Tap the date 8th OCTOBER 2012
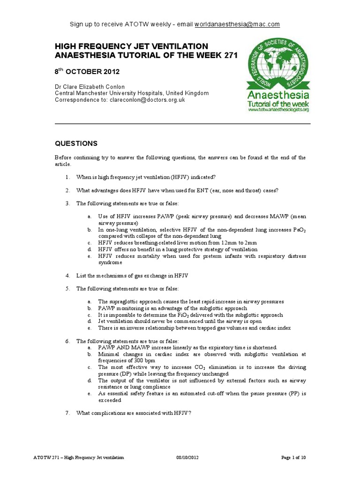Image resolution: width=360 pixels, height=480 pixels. click(87, 72)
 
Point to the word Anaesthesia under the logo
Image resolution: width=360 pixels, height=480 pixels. click(278, 93)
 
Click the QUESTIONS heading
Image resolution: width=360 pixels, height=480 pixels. click(76, 143)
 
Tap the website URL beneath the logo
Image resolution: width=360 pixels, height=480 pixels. click(278, 110)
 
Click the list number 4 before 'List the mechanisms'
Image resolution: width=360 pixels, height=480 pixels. click(67, 275)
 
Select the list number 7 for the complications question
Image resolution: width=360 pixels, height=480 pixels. click(67, 412)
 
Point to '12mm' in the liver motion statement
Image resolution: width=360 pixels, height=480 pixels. click(229, 243)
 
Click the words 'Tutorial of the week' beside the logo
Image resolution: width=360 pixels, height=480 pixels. click(278, 102)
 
